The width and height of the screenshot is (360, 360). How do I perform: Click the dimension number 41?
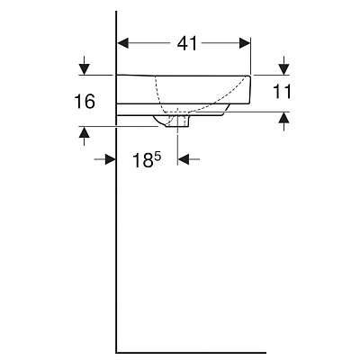click(x=186, y=43)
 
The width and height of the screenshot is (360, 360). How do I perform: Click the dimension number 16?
click(x=85, y=102)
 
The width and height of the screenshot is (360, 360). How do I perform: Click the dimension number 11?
click(x=282, y=92)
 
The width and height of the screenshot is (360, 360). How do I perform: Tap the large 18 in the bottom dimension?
click(x=143, y=160)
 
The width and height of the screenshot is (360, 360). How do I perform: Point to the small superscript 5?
click(x=157, y=156)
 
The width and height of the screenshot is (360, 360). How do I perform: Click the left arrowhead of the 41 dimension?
click(x=123, y=43)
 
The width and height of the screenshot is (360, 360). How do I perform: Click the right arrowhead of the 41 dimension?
click(x=245, y=43)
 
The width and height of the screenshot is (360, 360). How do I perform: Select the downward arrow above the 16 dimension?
click(x=85, y=66)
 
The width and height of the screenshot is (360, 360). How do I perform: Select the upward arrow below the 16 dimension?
click(x=85, y=136)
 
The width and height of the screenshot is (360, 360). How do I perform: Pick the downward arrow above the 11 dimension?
click(x=283, y=66)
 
